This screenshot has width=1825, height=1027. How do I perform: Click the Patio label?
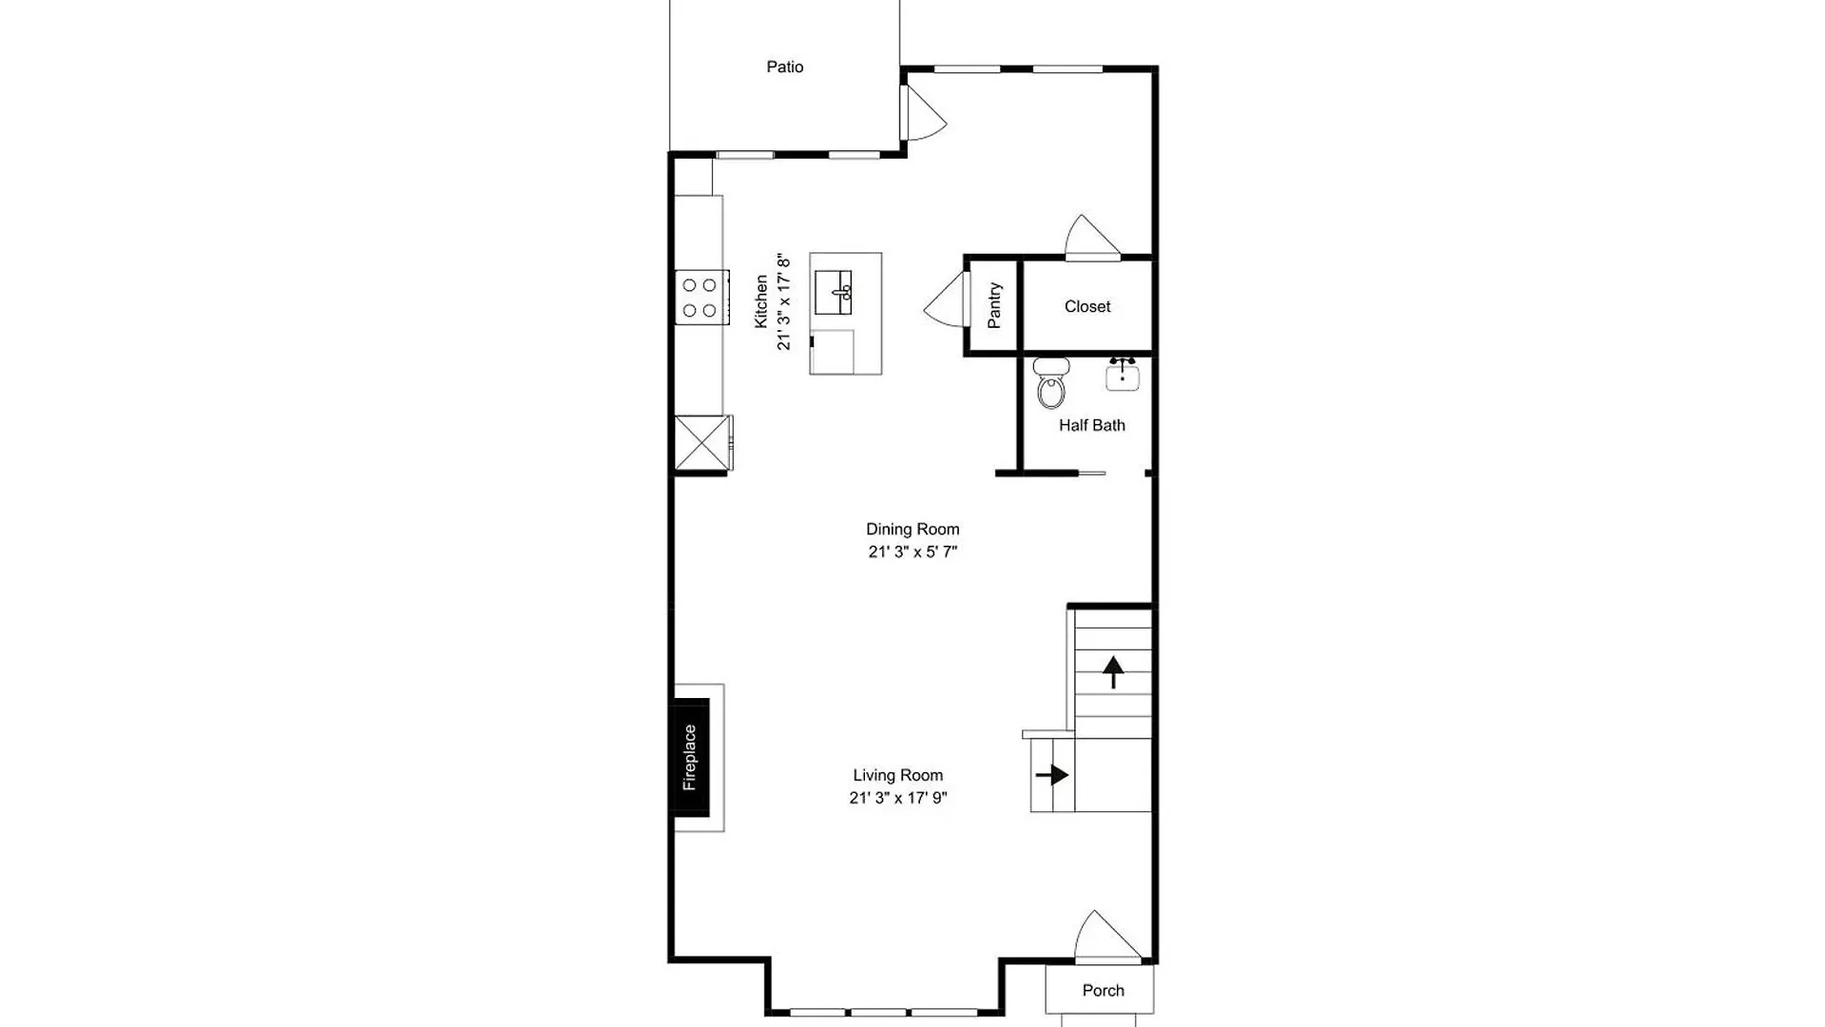(x=785, y=67)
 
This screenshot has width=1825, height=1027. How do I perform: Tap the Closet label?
(x=1087, y=306)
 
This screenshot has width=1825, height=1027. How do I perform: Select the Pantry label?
(x=994, y=305)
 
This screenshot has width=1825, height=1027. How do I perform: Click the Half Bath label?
(x=1092, y=425)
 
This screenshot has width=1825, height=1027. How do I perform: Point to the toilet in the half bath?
(x=1051, y=382)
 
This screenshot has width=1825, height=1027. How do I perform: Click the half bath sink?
(x=1123, y=374)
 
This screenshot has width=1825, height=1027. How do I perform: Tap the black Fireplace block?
(x=691, y=757)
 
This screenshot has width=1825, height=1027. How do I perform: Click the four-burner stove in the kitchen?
(x=701, y=298)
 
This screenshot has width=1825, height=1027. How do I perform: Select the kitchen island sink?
(x=833, y=292)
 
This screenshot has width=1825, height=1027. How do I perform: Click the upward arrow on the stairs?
(x=1113, y=671)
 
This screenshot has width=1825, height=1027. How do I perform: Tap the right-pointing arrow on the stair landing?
(x=1052, y=775)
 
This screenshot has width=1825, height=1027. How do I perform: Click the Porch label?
(x=1104, y=990)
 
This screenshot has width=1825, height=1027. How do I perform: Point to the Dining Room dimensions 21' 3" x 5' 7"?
(x=912, y=552)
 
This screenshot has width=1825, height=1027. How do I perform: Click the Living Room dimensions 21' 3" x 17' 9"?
(x=898, y=798)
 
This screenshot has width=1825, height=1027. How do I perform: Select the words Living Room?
(x=898, y=775)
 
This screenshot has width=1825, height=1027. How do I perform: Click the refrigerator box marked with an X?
(x=703, y=442)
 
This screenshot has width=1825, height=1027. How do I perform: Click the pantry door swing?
(x=945, y=300)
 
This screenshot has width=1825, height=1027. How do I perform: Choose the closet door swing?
(x=1091, y=237)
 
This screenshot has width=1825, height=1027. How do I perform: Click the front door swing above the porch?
(x=1105, y=936)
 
